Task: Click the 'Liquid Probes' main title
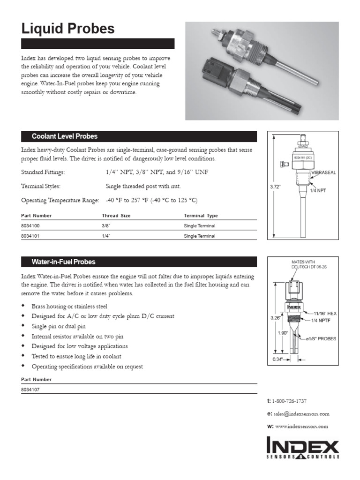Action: pyautogui.click(x=68, y=29)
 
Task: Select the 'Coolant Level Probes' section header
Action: pyautogui.click(x=64, y=136)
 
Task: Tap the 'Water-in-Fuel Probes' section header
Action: pyautogui.click(x=63, y=262)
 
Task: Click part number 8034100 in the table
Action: pyautogui.click(x=31, y=226)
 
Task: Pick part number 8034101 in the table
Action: pyautogui.click(x=31, y=236)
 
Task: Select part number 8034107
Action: pyautogui.click(x=31, y=389)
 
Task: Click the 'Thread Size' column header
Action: pyautogui.click(x=116, y=216)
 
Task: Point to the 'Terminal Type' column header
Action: pyautogui.click(x=201, y=216)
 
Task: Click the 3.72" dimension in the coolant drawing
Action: pyautogui.click(x=275, y=187)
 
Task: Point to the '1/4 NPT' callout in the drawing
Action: pyautogui.click(x=319, y=191)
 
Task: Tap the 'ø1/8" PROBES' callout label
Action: pyautogui.click(x=321, y=338)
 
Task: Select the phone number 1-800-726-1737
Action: pyautogui.click(x=295, y=401)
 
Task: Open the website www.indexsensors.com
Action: pyautogui.click(x=301, y=427)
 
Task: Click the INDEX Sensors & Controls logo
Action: pyautogui.click(x=302, y=448)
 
